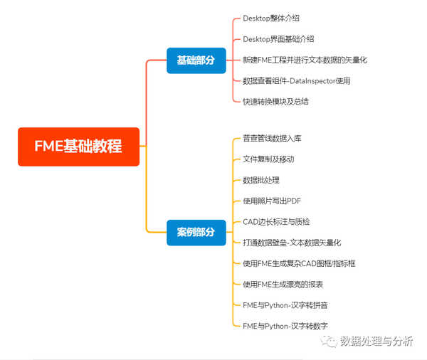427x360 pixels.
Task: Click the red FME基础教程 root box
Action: coord(78,147)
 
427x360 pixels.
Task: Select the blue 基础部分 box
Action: coord(196,60)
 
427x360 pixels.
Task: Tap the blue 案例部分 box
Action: coord(196,233)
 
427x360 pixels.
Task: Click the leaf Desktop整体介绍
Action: coord(271,18)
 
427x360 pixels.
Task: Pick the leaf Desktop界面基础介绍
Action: coord(278,39)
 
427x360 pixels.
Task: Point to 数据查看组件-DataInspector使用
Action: coord(296,80)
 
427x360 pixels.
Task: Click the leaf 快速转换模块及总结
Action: coord(275,101)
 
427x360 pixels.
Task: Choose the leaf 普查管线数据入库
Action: coord(272,138)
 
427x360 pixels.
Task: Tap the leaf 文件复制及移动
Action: coord(268,159)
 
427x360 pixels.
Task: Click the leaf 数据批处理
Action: coord(262,180)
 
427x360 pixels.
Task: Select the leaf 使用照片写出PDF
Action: coord(272,201)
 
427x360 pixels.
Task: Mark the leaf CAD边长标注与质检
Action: coord(276,222)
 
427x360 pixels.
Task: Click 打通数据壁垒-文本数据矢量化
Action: coord(292,243)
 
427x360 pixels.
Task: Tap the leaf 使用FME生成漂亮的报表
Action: coord(283,284)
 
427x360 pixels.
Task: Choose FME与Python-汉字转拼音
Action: coord(285,305)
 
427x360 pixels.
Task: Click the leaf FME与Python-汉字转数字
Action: coord(285,326)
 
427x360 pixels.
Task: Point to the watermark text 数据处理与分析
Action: coord(377,342)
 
